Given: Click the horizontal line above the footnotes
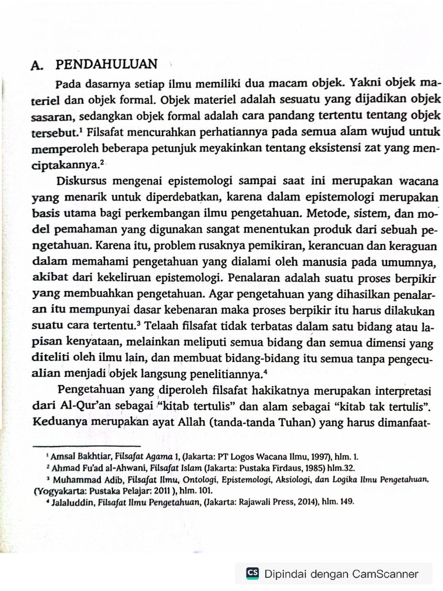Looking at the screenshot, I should (87, 446).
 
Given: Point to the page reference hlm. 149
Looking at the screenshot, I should (338, 502).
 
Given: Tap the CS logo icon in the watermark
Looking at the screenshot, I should (252, 573).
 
